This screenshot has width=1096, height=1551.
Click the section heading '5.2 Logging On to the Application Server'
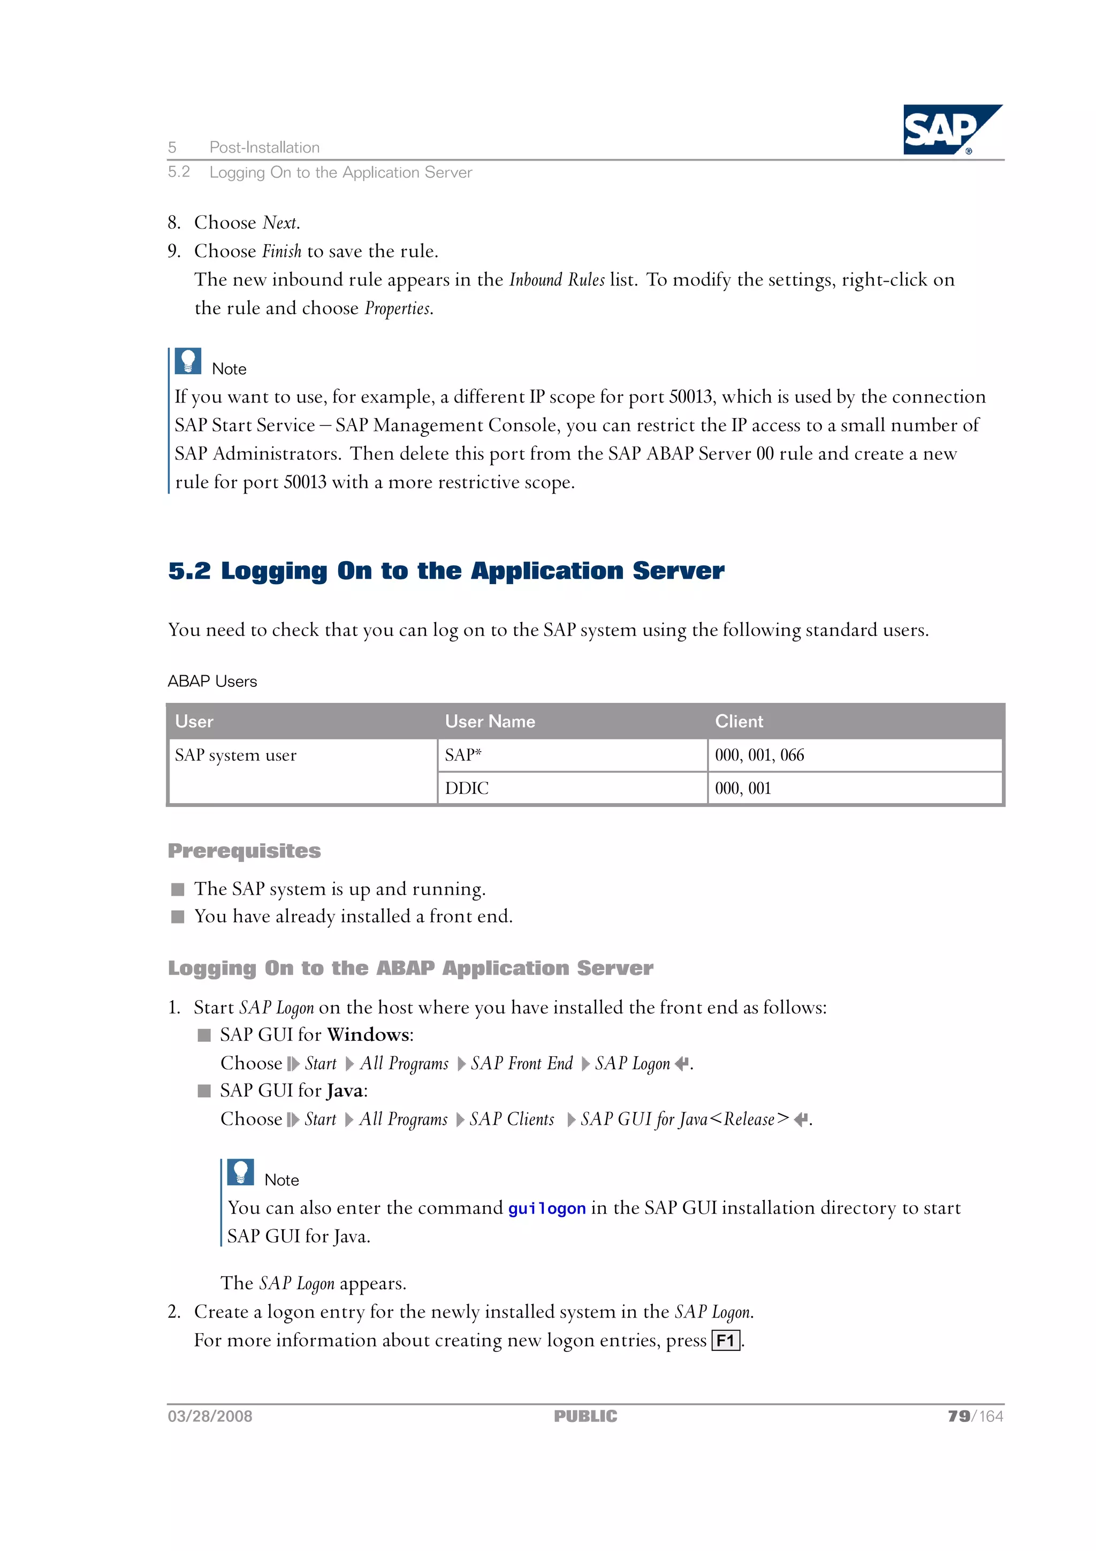446,571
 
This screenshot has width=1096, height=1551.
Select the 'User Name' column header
490,722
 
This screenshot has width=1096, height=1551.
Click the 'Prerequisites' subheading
244,851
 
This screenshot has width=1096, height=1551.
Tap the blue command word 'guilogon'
546,1208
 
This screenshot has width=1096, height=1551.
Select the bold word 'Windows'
369,1035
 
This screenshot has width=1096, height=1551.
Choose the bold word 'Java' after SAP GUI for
345,1090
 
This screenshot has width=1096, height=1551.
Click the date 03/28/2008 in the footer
210,1417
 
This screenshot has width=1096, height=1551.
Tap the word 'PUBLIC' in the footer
585,1417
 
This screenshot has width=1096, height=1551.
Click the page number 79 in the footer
958,1417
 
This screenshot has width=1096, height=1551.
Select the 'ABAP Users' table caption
212,681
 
